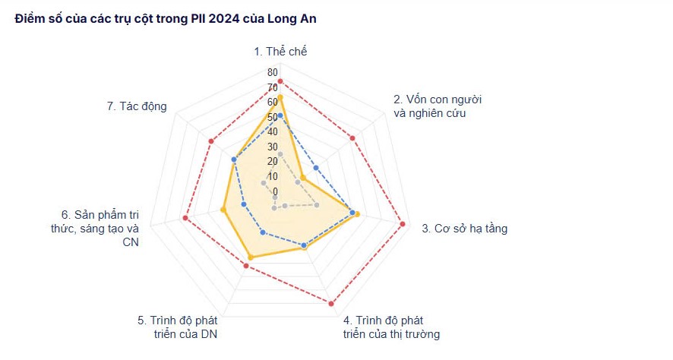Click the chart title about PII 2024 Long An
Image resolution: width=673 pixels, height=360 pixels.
tap(166, 19)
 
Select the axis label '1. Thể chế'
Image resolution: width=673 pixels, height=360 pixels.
tap(280, 52)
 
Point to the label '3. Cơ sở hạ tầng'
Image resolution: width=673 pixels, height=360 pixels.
tap(464, 228)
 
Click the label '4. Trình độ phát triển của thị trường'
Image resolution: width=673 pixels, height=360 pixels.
tap(391, 327)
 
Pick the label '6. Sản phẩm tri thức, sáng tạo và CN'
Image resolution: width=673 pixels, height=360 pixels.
tap(100, 228)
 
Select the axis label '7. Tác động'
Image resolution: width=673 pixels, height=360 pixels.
tap(137, 106)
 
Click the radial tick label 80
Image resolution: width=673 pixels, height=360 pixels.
tap(272, 72)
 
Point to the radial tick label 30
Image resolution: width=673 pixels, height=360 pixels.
tap(272, 147)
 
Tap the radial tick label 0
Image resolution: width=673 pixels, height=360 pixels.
tap(275, 191)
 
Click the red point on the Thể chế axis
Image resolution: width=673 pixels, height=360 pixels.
tap(280, 81)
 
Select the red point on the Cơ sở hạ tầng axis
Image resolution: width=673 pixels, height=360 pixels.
tap(403, 223)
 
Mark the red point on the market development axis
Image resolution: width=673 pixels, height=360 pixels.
tap(331, 304)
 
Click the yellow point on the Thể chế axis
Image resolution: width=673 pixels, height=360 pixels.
tap(280, 97)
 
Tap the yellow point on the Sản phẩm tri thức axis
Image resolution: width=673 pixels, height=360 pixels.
tap(223, 210)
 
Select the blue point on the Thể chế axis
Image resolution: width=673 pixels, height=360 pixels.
tap(280, 115)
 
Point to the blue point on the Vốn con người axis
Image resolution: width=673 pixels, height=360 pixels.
tap(316, 167)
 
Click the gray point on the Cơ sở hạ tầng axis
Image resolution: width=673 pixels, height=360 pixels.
tap(317, 205)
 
